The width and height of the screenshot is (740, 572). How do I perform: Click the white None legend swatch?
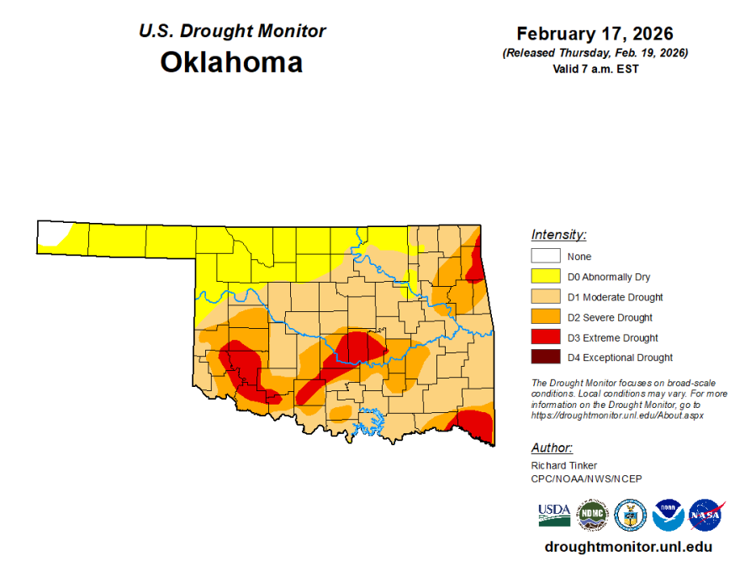coord(544,257)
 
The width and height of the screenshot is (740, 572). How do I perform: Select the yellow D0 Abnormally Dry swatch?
coord(544,277)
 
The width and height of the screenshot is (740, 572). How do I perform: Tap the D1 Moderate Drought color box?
coord(544,297)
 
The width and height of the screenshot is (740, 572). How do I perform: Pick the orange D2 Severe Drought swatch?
coord(544,317)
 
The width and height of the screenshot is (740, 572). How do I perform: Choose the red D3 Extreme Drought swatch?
coord(544,337)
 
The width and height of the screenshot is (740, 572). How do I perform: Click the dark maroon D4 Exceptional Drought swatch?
coord(544,357)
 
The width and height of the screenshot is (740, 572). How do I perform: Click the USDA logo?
coord(554,514)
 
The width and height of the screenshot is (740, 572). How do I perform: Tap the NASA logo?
coord(706,515)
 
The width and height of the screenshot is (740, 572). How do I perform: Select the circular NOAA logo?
coord(668,515)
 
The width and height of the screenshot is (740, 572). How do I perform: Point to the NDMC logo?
coord(592,515)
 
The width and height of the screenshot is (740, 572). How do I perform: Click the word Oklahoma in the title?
coord(231,62)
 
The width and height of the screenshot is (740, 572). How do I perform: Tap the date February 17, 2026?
coord(595,34)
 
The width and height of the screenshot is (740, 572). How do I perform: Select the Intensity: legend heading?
coord(558,235)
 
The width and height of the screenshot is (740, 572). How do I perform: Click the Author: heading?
coord(552,448)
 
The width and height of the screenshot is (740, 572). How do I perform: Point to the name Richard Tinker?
coord(564,465)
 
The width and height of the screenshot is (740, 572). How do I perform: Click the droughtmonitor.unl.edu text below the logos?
coord(628,547)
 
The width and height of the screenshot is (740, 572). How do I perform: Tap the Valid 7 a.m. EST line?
coord(595,69)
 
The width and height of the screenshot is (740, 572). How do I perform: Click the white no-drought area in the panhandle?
coord(50,232)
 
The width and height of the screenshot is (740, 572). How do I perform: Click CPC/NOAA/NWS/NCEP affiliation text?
coord(586,479)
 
